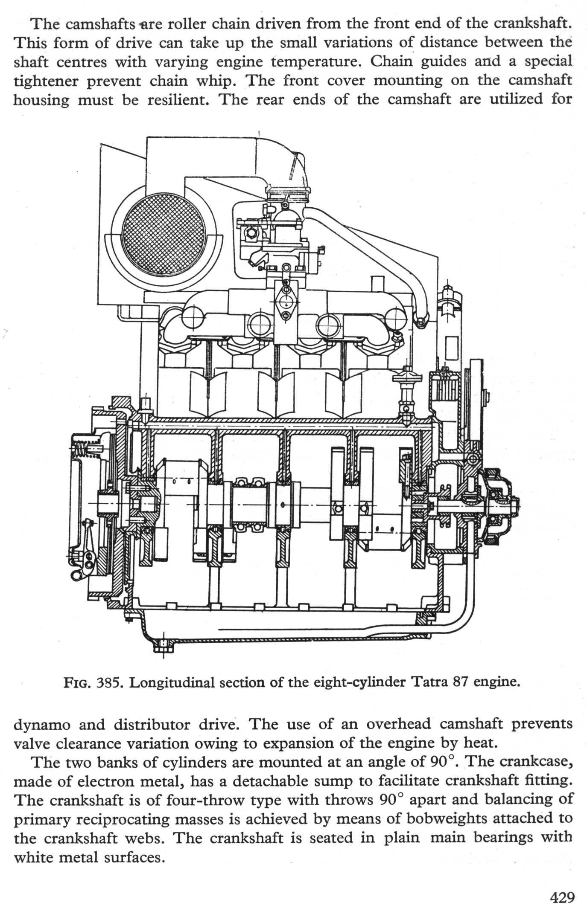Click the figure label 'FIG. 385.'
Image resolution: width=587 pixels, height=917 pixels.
pyautogui.click(x=93, y=683)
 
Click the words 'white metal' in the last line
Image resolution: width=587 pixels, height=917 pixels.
pyautogui.click(x=65, y=857)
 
